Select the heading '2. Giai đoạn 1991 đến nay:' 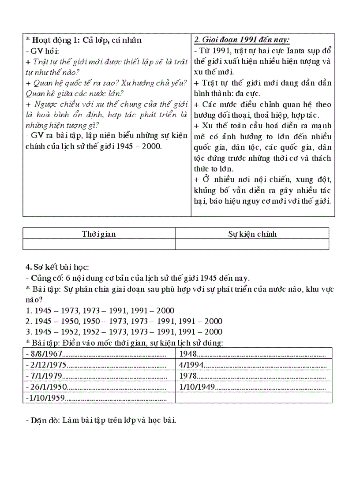242,40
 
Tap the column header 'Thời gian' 99,234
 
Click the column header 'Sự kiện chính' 252,234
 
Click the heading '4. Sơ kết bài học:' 57,267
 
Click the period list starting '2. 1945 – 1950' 124,321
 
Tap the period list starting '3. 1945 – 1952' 124,331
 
